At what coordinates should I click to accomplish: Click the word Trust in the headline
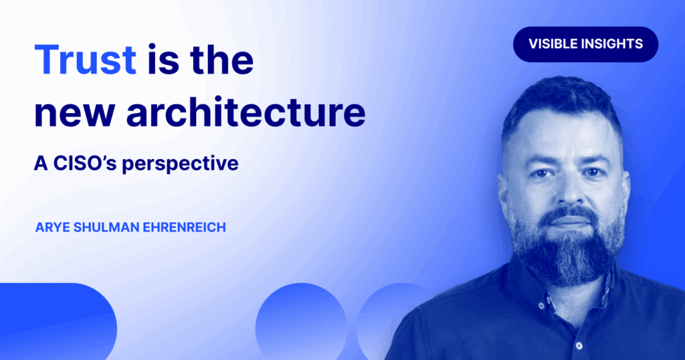[85, 60]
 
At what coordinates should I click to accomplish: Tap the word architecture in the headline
[246, 112]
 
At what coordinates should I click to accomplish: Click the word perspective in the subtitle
[180, 164]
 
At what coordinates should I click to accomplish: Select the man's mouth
[569, 221]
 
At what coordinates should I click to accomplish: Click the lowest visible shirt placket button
[579, 346]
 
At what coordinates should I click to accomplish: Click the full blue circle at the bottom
[301, 323]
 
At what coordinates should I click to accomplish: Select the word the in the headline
[222, 60]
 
